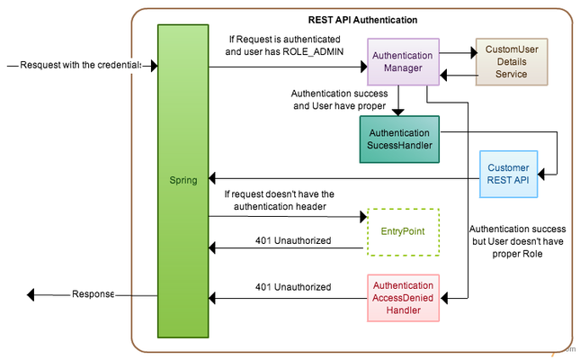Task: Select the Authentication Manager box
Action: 402,62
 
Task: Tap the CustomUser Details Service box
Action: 511,60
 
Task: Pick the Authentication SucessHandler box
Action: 398,139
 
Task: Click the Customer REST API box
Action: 508,174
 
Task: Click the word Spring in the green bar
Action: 183,181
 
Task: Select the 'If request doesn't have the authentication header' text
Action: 278,200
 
